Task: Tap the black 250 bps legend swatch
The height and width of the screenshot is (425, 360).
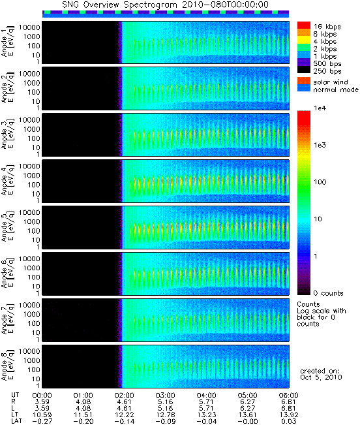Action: click(304, 70)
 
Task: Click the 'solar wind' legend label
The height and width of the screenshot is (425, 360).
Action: click(331, 82)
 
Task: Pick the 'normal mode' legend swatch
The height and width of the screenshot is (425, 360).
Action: click(304, 88)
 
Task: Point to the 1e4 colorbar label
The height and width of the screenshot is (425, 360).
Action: click(320, 108)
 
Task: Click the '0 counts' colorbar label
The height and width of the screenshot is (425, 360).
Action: click(328, 293)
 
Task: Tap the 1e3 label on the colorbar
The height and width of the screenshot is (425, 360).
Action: click(320, 145)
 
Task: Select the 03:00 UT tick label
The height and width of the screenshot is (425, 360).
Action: click(166, 395)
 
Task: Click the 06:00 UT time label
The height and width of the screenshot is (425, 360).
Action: click(288, 395)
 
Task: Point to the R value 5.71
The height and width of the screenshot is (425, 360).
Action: click(207, 401)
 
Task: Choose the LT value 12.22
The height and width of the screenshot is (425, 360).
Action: click(125, 415)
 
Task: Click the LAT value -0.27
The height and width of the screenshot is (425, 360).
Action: click(42, 421)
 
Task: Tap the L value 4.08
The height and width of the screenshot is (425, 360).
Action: click(83, 408)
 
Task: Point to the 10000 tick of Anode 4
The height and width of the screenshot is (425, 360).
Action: click(29, 166)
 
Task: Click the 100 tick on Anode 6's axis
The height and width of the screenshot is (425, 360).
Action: click(33, 277)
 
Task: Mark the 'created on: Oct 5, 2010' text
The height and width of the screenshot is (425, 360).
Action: click(321, 374)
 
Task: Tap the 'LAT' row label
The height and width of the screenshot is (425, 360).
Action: click(16, 421)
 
